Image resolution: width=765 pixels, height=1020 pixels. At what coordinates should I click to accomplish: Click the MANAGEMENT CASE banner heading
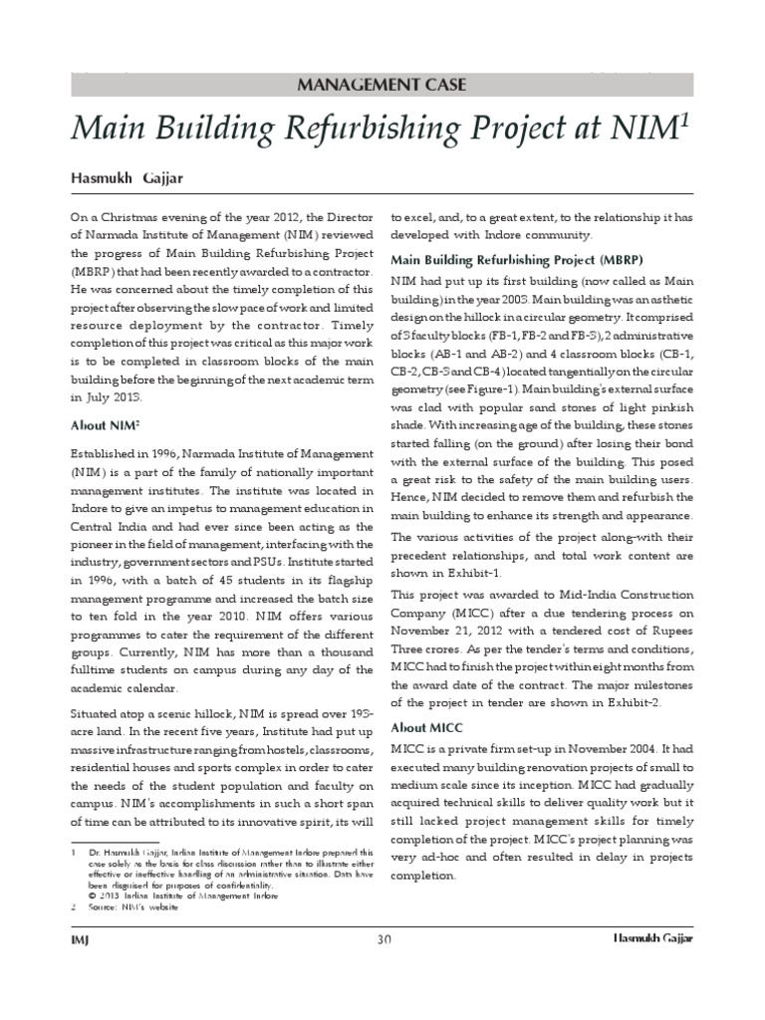click(382, 84)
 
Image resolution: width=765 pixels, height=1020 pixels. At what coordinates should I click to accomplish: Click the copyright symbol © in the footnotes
click(91, 894)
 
